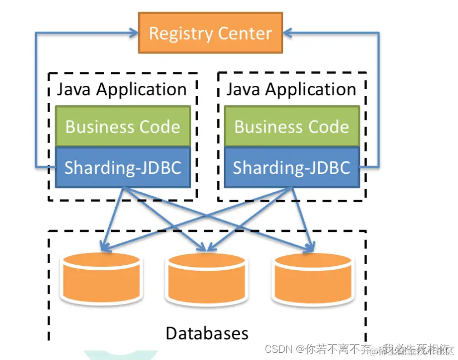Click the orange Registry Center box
coord(211,33)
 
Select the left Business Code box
coord(123,127)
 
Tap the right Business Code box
coord(291,127)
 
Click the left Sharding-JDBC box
coord(123,167)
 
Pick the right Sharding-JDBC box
coord(291,167)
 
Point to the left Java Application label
coord(122,90)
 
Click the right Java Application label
coord(291,90)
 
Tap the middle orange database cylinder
coord(207,278)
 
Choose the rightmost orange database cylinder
coord(313,278)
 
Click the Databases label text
coord(207,333)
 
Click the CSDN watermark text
coord(279,349)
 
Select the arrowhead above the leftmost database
coord(103,245)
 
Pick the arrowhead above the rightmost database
coord(310,245)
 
